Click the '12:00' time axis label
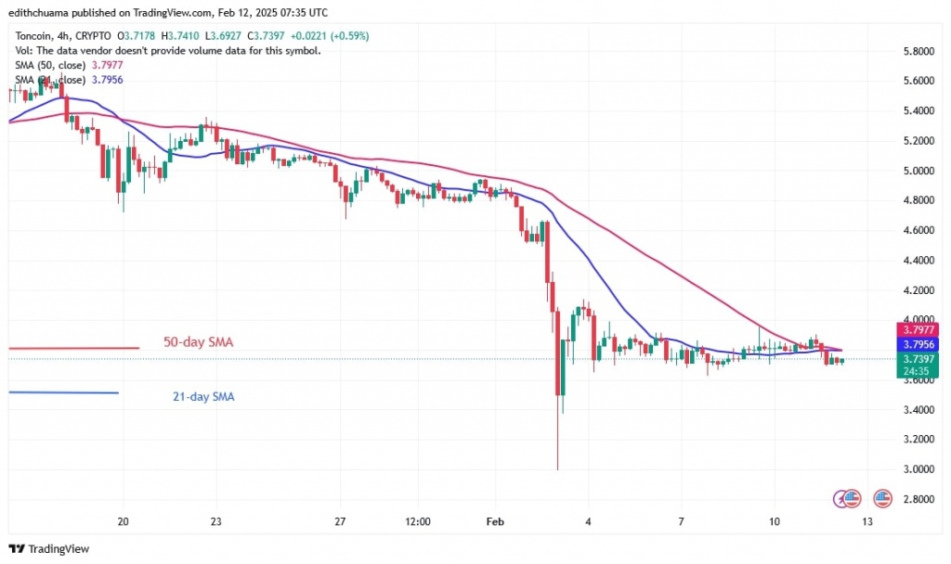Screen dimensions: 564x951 tap(418, 521)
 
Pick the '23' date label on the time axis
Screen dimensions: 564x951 tap(215, 521)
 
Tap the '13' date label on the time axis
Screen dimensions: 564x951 tap(866, 521)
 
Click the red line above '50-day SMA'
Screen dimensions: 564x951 tap(74, 348)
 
